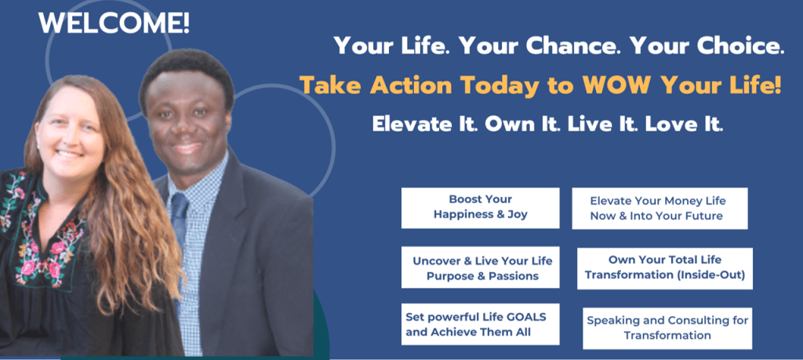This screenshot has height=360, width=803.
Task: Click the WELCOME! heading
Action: click(114, 23)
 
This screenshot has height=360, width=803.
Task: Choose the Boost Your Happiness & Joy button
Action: click(480, 207)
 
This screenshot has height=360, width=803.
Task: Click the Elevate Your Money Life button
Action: click(659, 208)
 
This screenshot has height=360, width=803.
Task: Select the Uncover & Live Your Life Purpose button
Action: click(480, 267)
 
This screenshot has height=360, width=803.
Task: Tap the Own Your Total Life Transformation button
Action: click(664, 267)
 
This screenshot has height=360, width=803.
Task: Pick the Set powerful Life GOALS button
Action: click(480, 324)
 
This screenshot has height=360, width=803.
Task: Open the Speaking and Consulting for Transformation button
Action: click(667, 329)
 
